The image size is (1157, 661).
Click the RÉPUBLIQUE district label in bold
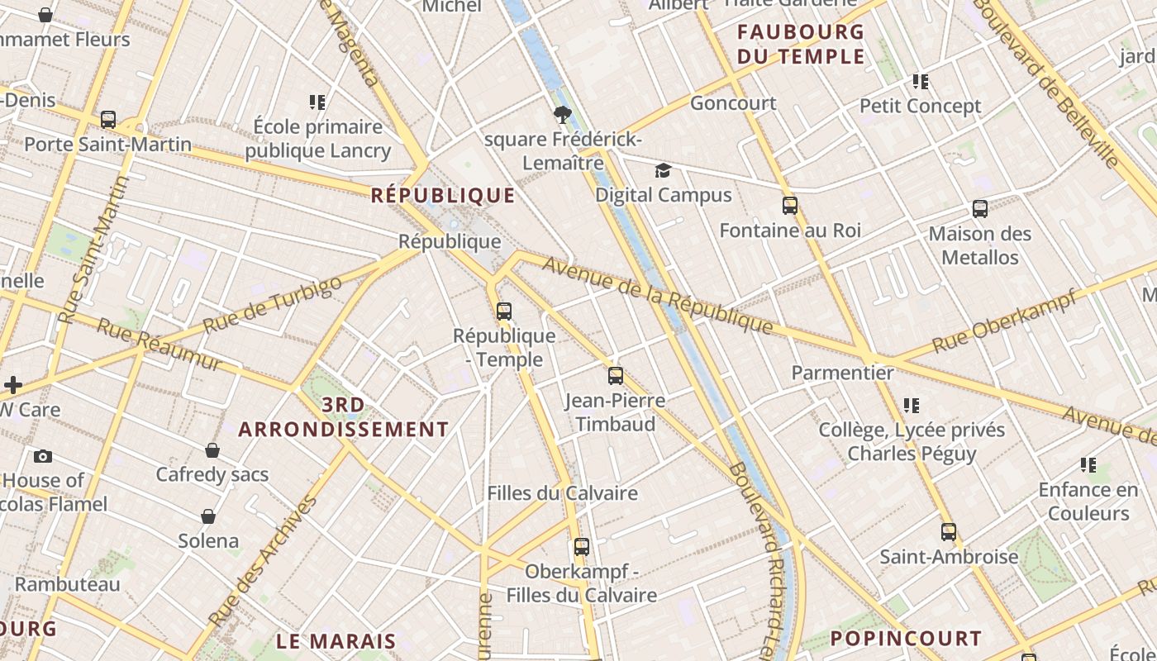point(443,196)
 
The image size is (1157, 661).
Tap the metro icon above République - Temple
point(504,311)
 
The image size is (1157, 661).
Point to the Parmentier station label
point(842,373)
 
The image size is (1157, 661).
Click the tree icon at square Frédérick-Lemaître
point(563,114)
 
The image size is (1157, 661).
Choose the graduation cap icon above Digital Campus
point(663,171)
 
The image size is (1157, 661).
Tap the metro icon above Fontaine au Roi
point(790,206)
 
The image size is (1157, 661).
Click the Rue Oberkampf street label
point(1004,321)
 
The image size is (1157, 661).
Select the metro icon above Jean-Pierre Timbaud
point(616,376)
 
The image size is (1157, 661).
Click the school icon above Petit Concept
point(921,82)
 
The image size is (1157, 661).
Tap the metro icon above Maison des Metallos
point(980,209)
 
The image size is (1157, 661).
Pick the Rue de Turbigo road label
point(272,305)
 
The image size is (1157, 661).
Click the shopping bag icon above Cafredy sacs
point(212,450)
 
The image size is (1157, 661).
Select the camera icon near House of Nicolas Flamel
point(43,456)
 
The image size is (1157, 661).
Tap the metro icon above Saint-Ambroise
point(949,532)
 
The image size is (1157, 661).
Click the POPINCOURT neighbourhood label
point(906,639)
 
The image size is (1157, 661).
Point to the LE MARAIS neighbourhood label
point(336,641)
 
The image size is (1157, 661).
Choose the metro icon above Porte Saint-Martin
point(108,120)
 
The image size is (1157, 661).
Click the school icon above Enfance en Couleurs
point(1088,465)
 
